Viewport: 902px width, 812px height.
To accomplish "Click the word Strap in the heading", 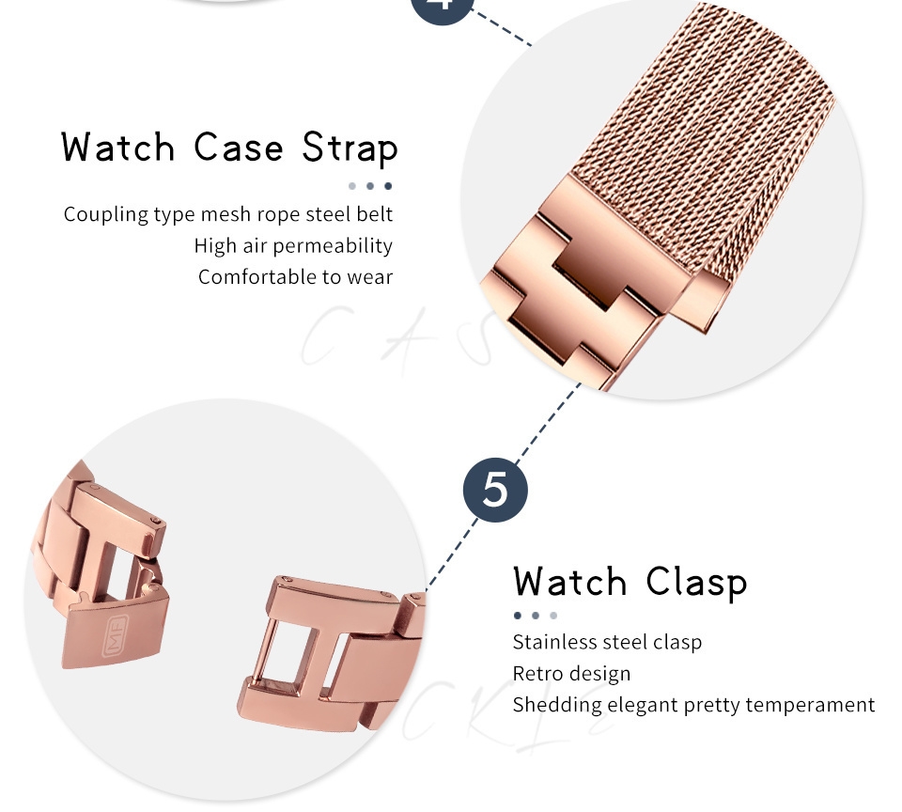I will (x=350, y=148).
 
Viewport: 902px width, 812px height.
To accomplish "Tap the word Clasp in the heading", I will (x=696, y=583).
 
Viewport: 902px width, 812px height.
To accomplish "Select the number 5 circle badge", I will (x=496, y=490).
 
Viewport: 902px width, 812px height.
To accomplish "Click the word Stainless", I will (x=554, y=642).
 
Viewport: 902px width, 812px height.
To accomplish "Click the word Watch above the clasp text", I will (x=570, y=583).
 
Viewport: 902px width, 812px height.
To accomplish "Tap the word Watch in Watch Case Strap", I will (x=118, y=148).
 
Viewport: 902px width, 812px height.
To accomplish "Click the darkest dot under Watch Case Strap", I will (x=388, y=186).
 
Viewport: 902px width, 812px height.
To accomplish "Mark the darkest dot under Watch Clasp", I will (x=518, y=616).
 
